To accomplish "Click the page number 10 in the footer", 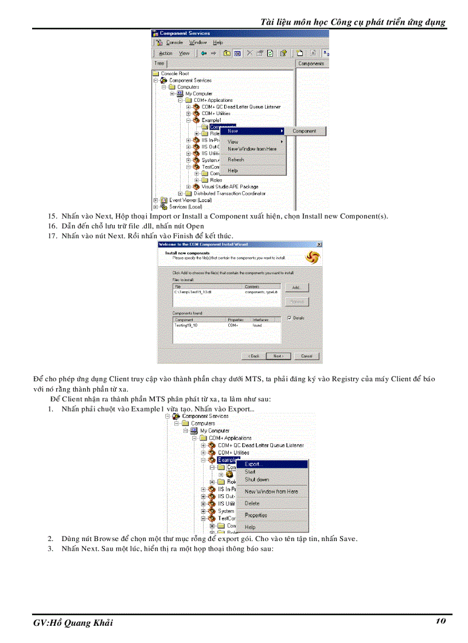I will pos(440,621).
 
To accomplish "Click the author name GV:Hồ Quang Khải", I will pos(73,623).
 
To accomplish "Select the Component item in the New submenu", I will pos(304,131).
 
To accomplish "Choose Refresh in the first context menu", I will pos(236,160).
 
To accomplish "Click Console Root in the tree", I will pos(174,74).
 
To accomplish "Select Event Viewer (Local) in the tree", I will pos(190,200).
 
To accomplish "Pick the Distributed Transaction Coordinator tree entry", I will pos(229,194).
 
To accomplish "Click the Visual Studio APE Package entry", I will pos(229,187).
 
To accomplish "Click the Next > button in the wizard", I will pos(278,356).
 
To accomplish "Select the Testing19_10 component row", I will pos(186,325).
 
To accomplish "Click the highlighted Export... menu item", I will pos(252,464).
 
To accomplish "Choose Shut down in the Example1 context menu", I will pos(256,479).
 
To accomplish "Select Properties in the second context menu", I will pos(256,515).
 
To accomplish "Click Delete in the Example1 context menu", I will pos(252,503).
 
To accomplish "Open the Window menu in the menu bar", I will pos(198,42).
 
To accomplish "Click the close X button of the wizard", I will pos(319,244).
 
